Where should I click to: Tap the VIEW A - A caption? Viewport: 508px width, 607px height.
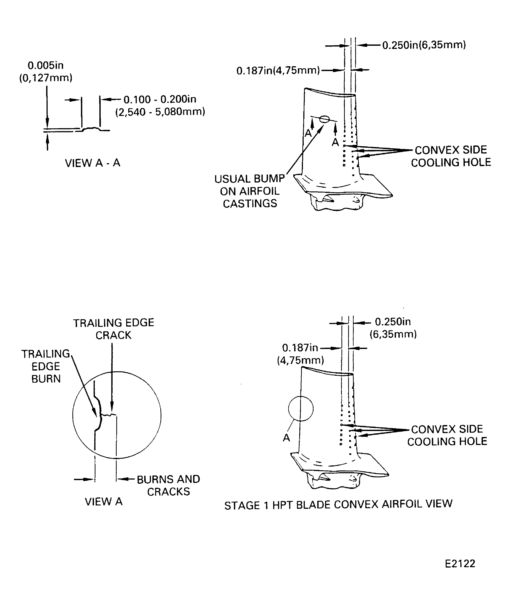[92, 163]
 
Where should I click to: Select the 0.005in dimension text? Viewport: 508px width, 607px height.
[45, 66]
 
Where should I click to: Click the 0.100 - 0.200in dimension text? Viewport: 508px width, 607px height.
[160, 100]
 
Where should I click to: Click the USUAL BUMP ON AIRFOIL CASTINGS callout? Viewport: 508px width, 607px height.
[250, 191]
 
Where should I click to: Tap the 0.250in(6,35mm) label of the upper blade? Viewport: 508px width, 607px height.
[424, 45]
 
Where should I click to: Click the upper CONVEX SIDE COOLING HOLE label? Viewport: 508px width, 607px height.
[451, 156]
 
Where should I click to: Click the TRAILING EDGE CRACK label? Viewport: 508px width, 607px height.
[113, 329]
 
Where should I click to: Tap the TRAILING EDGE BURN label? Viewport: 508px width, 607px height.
[46, 366]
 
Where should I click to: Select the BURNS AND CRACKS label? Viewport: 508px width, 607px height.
[168, 485]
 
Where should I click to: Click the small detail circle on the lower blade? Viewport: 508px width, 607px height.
[301, 409]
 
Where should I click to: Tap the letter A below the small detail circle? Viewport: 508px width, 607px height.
[286, 438]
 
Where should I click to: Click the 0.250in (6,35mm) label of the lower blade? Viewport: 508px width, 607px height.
[393, 328]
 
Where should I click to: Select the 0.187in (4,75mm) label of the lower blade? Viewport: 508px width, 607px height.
[300, 354]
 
